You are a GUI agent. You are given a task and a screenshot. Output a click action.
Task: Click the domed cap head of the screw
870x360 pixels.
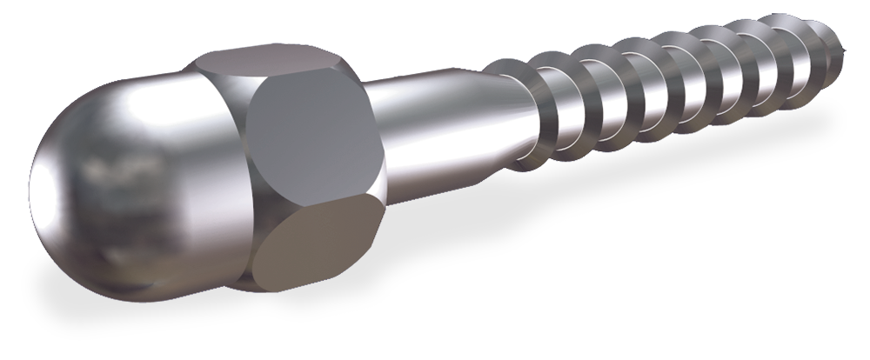tap(130, 174)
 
